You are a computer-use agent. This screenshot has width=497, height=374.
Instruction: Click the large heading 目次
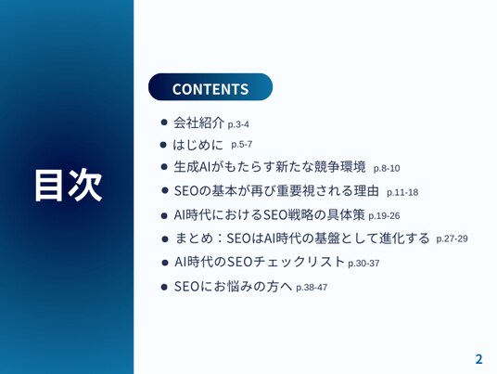point(69,186)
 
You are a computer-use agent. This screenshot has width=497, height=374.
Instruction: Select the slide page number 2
point(479,359)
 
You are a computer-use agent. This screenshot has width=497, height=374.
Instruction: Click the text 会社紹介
point(198,123)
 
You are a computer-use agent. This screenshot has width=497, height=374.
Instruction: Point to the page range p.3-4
point(238,124)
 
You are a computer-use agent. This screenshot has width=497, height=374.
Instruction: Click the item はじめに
point(198,145)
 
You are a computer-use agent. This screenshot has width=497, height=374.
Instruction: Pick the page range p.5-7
point(241,145)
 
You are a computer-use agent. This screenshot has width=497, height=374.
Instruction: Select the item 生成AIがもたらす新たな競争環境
point(270,167)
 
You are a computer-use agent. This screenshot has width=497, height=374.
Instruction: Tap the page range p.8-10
point(387,169)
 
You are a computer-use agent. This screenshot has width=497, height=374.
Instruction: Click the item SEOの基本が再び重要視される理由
point(276,191)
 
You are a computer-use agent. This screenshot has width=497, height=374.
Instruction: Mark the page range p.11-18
point(402,192)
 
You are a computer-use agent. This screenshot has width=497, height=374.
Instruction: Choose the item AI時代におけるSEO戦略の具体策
point(270,214)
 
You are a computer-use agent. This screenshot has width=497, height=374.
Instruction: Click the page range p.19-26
point(384,216)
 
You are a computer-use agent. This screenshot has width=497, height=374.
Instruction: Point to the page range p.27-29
point(452,239)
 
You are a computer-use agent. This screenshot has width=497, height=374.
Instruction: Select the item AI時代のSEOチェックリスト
point(260,262)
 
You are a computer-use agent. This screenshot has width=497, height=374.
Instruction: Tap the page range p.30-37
point(363,264)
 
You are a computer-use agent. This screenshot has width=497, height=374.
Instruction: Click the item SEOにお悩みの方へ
point(233,287)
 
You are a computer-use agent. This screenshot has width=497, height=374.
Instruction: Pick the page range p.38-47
point(312,288)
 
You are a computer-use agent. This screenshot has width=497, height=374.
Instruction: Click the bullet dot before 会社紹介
point(164,123)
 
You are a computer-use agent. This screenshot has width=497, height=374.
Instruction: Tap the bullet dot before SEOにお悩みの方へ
point(164,287)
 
